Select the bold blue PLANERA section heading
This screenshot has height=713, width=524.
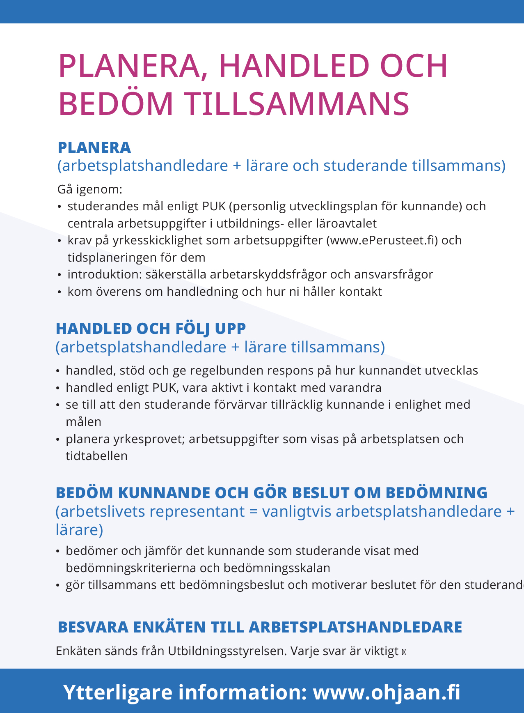[94, 147]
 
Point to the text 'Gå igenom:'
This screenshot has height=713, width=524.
[90, 189]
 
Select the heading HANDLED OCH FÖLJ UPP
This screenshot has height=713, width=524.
[151, 329]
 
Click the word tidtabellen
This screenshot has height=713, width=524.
[96, 456]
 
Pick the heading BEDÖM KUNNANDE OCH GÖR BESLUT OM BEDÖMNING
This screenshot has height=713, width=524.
[271, 493]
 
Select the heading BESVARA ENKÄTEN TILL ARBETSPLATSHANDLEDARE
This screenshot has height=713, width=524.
[260, 628]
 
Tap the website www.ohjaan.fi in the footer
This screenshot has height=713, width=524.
[387, 692]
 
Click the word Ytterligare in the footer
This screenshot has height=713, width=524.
[118, 692]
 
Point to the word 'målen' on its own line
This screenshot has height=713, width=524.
[83, 422]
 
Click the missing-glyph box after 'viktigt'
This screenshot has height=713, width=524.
[404, 652]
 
